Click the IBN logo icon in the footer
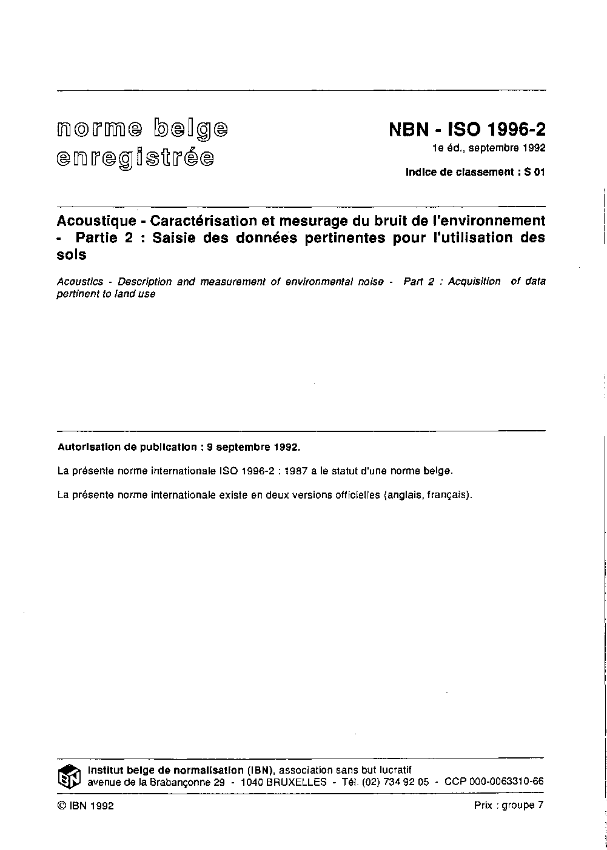pyautogui.click(x=69, y=776)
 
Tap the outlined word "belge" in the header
pyautogui.click(x=192, y=128)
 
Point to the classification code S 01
pyautogui.click(x=535, y=172)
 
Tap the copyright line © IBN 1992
pyautogui.click(x=86, y=805)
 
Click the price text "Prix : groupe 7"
pyautogui.click(x=509, y=805)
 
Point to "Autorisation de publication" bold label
pyautogui.click(x=126, y=448)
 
